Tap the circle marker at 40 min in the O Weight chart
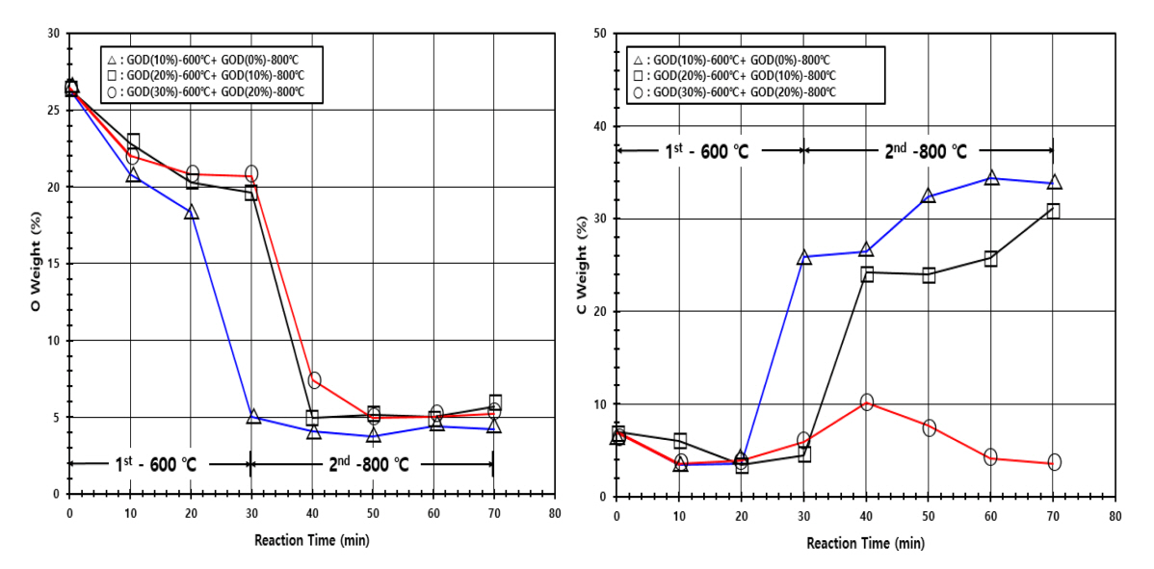tap(314, 380)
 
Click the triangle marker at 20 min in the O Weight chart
tap(192, 212)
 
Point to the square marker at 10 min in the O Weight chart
tap(133, 142)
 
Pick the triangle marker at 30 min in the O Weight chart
tap(253, 417)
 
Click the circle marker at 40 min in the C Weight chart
tap(867, 401)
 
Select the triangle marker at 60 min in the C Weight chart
tap(991, 178)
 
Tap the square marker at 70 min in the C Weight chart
tap(1053, 211)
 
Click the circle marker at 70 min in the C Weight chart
tap(1054, 462)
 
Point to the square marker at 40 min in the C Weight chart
tap(867, 273)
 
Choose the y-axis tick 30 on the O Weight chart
tap(53, 34)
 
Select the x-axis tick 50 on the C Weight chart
tap(929, 516)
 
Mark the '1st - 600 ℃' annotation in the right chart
tap(709, 151)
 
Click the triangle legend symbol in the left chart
tap(112, 57)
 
